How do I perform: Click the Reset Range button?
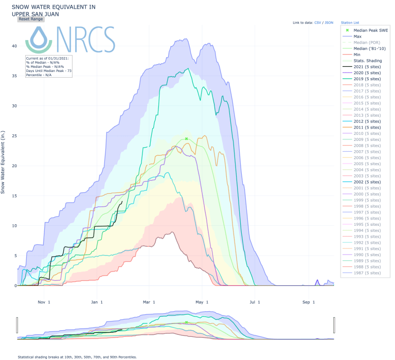30,19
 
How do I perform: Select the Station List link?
349,23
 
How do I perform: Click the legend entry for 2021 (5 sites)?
367,67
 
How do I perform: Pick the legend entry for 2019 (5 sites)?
367,79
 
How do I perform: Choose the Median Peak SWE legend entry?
371,30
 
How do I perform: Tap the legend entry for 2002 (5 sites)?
367,182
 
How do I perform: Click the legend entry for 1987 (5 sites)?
367,273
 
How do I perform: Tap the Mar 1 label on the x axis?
149,302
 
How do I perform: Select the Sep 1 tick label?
309,302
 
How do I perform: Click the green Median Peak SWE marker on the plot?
187,139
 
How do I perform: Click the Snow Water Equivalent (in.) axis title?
4,162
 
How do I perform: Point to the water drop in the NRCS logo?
39,39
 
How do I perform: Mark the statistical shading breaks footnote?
77,356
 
